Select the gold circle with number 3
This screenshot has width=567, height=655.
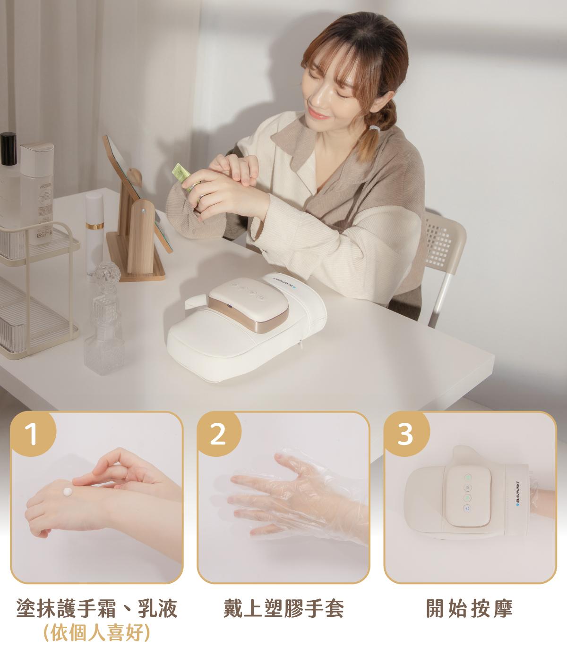[x=405, y=434]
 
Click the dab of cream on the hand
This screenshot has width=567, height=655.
[x=68, y=492]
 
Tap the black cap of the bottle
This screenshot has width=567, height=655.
[x=8, y=149]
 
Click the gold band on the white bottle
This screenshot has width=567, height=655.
[x=94, y=226]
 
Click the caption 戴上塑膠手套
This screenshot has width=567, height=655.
[x=283, y=608]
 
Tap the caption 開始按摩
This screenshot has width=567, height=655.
[x=469, y=608]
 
